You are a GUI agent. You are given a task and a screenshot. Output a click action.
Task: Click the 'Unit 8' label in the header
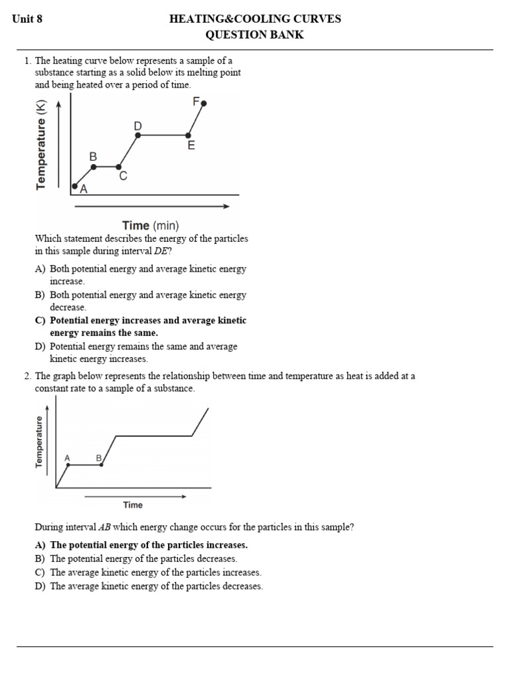tap(28, 19)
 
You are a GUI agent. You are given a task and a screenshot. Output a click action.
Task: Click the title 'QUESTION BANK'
tap(255, 35)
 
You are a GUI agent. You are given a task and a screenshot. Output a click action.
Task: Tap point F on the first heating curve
tap(204, 103)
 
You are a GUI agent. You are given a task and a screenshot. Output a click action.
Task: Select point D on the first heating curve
tap(138, 135)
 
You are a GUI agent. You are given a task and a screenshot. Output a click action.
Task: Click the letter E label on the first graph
tap(191, 145)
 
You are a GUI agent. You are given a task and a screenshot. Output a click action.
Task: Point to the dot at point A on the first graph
tap(74, 186)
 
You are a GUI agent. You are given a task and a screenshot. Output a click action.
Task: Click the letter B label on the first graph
tap(93, 156)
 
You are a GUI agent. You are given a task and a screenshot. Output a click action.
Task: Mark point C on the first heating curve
tap(119, 167)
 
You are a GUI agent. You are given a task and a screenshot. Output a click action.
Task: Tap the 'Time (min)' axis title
tap(150, 226)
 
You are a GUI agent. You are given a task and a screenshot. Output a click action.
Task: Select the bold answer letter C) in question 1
tap(40, 320)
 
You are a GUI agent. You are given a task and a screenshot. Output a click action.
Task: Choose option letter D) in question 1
tap(40, 346)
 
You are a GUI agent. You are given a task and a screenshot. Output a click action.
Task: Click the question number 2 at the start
tap(27, 376)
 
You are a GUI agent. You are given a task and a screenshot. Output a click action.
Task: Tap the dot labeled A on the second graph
tap(67, 465)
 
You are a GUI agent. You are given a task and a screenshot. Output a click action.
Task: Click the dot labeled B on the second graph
tap(101, 465)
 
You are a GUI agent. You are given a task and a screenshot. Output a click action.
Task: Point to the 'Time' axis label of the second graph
tap(133, 505)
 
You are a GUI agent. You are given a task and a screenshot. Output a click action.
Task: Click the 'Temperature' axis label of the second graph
tap(39, 442)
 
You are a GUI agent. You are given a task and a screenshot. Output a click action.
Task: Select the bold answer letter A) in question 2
tap(40, 545)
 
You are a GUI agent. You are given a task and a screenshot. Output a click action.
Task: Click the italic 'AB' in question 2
tap(105, 527)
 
